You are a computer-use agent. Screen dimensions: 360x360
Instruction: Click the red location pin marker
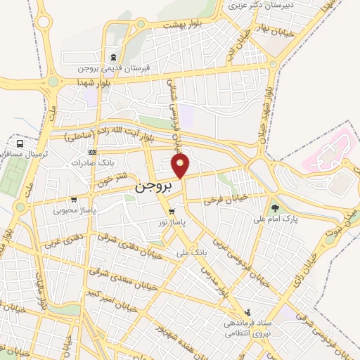tap(181, 167)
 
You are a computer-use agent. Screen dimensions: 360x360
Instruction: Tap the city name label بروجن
tap(151, 189)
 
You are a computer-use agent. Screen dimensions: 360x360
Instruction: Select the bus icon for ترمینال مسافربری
tap(20, 143)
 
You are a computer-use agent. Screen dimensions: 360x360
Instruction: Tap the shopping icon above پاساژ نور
tap(172, 211)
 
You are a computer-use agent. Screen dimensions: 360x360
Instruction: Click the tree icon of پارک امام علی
tap(275, 208)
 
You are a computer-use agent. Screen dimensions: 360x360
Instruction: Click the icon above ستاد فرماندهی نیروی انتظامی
tap(247, 312)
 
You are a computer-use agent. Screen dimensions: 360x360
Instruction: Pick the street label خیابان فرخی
tap(226, 200)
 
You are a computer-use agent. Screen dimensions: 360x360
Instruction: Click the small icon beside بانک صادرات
tap(91, 152)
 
